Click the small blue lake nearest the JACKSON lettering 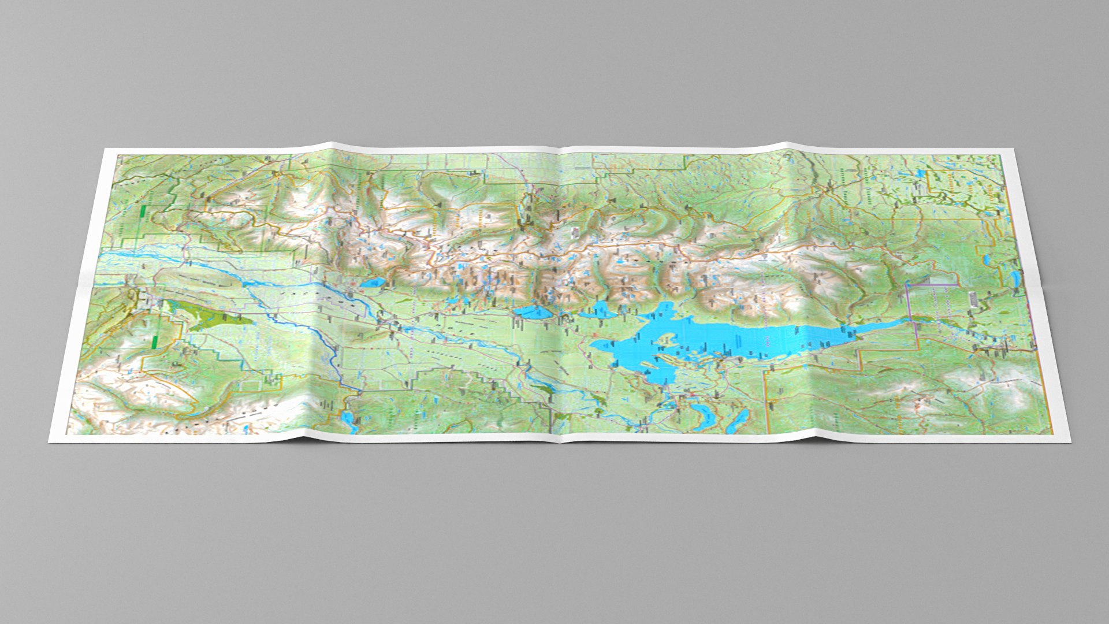[372, 283]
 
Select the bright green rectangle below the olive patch [155, 341]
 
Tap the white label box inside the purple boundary [970, 299]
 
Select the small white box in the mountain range [575, 232]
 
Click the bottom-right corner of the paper [1070, 442]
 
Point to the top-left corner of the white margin [104, 149]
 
